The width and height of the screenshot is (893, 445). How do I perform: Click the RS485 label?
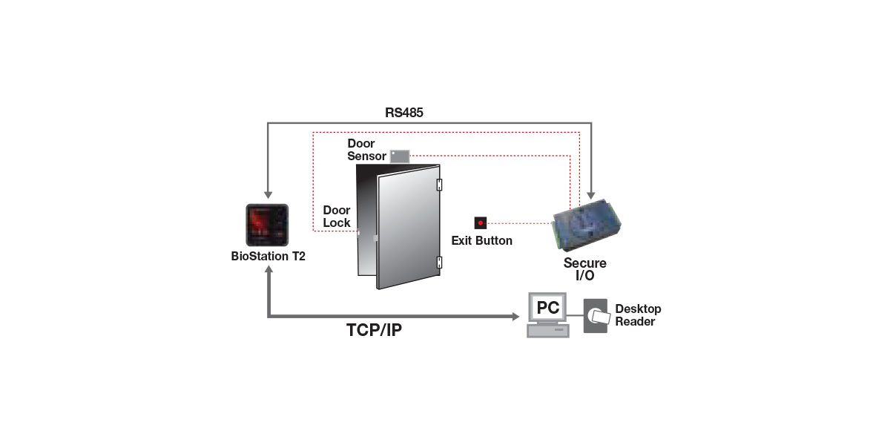pos(403,113)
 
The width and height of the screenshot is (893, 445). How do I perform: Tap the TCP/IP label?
pos(374,330)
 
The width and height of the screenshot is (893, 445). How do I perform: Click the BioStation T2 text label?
pos(268,257)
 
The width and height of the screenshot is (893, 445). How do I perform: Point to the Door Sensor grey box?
pos(400,156)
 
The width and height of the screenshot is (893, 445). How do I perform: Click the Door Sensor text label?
pos(366,150)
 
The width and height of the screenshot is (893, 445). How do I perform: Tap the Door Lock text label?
pos(337,217)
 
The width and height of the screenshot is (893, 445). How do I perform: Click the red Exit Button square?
pos(481,222)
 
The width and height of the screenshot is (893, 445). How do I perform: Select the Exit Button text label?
pos(481,241)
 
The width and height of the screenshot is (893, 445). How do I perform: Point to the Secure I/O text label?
pos(584,269)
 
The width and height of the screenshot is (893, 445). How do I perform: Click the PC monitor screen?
pos(548,306)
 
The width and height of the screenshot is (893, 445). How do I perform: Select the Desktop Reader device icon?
pos(596,316)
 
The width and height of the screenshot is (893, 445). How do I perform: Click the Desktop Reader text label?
pos(637,315)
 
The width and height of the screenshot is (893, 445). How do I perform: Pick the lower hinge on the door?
pos(439,262)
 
